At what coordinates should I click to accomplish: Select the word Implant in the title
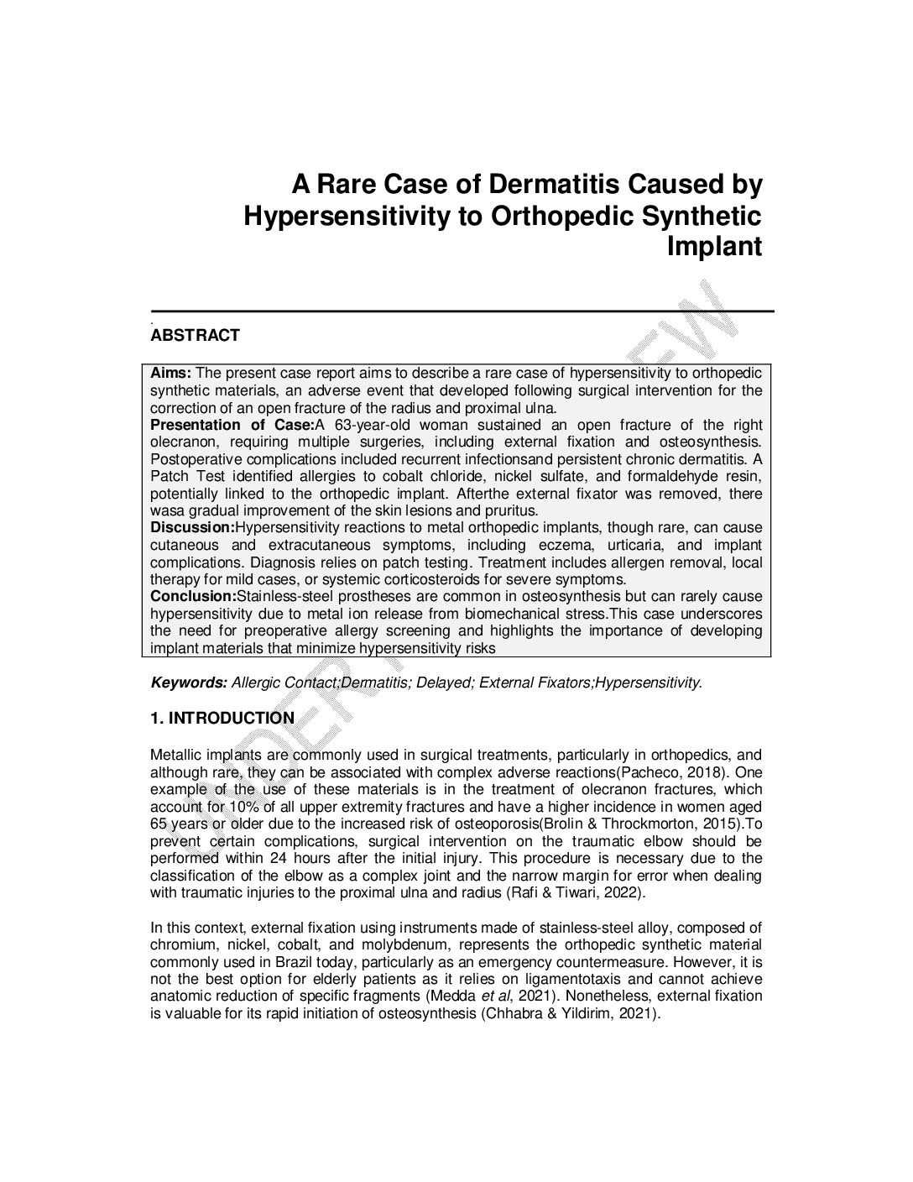714,247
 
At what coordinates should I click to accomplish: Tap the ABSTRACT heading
195,336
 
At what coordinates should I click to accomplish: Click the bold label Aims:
171,373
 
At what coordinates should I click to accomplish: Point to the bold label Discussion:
192,527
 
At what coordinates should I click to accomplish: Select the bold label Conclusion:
193,596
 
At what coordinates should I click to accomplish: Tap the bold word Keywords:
189,683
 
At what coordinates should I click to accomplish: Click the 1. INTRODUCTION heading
222,718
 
